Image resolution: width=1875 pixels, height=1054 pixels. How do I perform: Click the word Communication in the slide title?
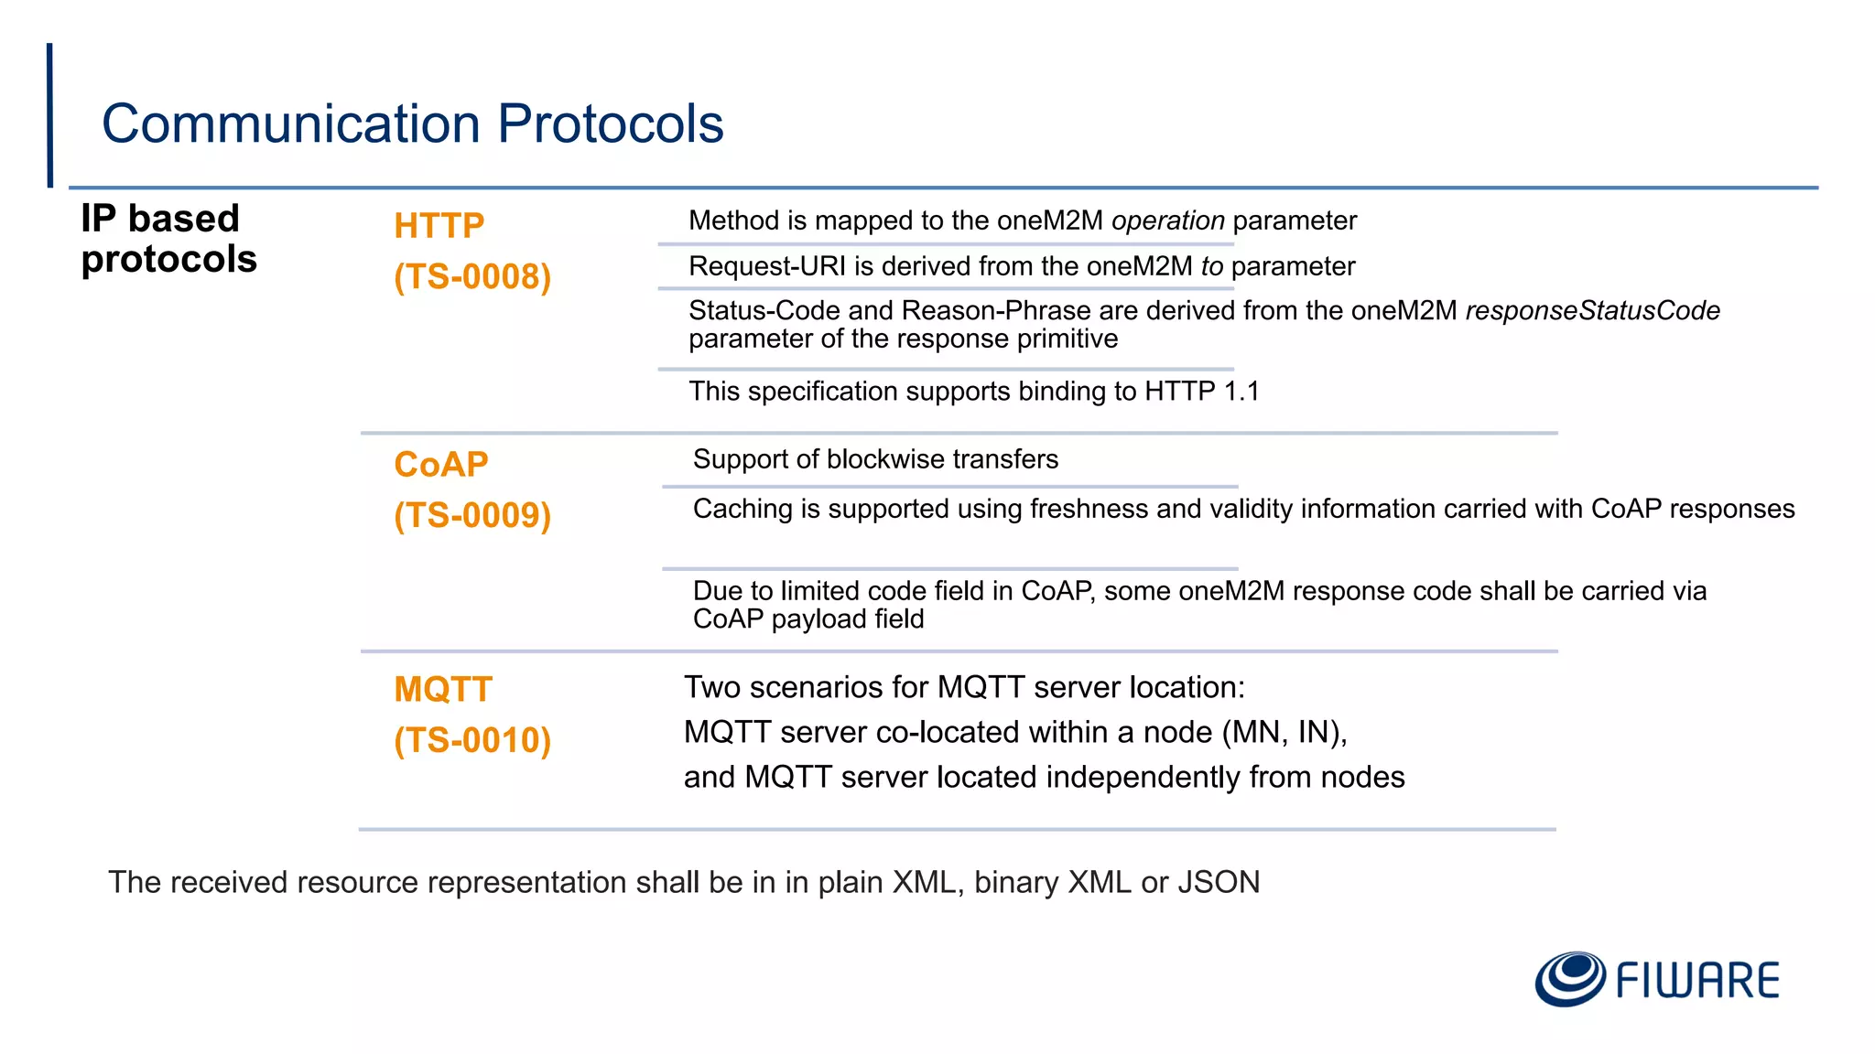(x=290, y=124)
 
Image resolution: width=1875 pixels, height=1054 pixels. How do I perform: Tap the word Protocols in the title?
(x=610, y=124)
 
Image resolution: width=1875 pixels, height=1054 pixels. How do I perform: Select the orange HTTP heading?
(x=439, y=226)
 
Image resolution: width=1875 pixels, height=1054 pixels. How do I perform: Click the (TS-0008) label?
(x=472, y=276)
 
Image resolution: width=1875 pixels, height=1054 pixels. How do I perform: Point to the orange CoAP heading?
(x=440, y=465)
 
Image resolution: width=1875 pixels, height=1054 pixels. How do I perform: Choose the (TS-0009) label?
(x=472, y=515)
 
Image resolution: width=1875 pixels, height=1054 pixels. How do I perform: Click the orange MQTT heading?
(x=443, y=689)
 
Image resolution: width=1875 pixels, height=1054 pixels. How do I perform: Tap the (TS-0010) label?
(x=472, y=740)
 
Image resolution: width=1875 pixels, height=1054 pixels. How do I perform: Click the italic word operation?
(x=1167, y=221)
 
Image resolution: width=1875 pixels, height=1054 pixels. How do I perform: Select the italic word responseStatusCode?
(x=1592, y=311)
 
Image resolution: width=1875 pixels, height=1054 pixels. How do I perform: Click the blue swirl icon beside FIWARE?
(x=1569, y=978)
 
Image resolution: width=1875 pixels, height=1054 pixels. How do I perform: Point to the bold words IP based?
(x=160, y=219)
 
